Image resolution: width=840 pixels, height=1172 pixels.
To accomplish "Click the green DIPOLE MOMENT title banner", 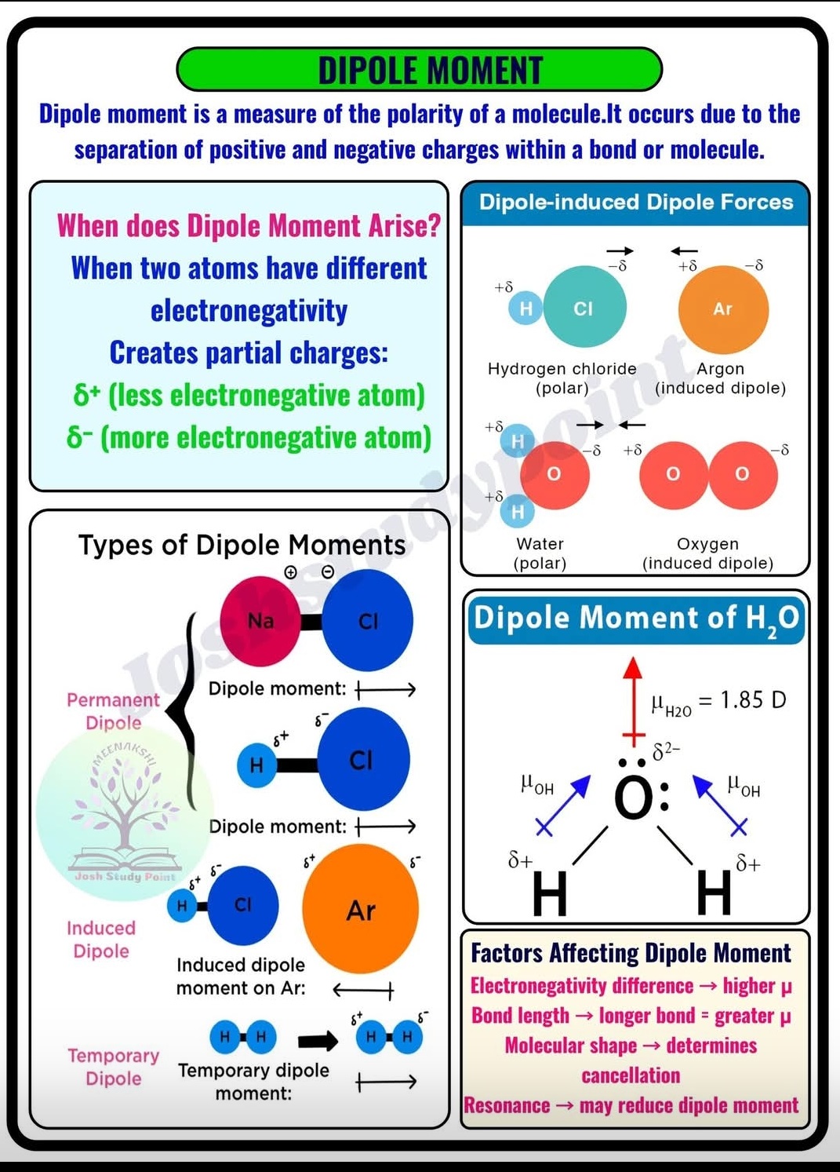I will tap(420, 69).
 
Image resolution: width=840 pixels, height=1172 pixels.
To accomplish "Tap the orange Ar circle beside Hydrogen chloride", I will tap(723, 309).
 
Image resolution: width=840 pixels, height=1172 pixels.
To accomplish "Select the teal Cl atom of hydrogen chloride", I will tap(584, 308).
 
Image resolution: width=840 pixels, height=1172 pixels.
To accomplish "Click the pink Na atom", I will tap(260, 621).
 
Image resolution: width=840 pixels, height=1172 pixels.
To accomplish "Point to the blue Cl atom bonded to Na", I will tap(367, 621).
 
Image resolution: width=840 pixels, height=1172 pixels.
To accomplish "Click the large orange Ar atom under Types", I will tap(361, 909).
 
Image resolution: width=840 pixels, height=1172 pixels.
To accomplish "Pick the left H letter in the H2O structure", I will tap(549, 895).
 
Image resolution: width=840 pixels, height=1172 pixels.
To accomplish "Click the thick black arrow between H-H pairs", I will tap(318, 1041).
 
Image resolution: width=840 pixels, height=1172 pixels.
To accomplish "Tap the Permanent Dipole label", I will tap(113, 711).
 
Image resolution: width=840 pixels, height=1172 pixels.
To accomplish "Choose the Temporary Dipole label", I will tap(113, 1067).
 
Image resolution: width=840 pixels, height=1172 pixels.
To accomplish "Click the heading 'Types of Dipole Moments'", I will tap(242, 545).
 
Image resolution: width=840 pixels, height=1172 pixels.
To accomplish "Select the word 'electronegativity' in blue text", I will tap(249, 311).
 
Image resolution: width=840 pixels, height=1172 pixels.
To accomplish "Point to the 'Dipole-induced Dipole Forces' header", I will tap(636, 203).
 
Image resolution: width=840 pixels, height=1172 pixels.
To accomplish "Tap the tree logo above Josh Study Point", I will tap(124, 809).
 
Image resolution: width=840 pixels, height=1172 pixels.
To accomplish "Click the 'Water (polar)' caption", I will tap(540, 553).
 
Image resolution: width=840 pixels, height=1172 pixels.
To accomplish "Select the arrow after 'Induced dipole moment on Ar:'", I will tap(362, 990).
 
